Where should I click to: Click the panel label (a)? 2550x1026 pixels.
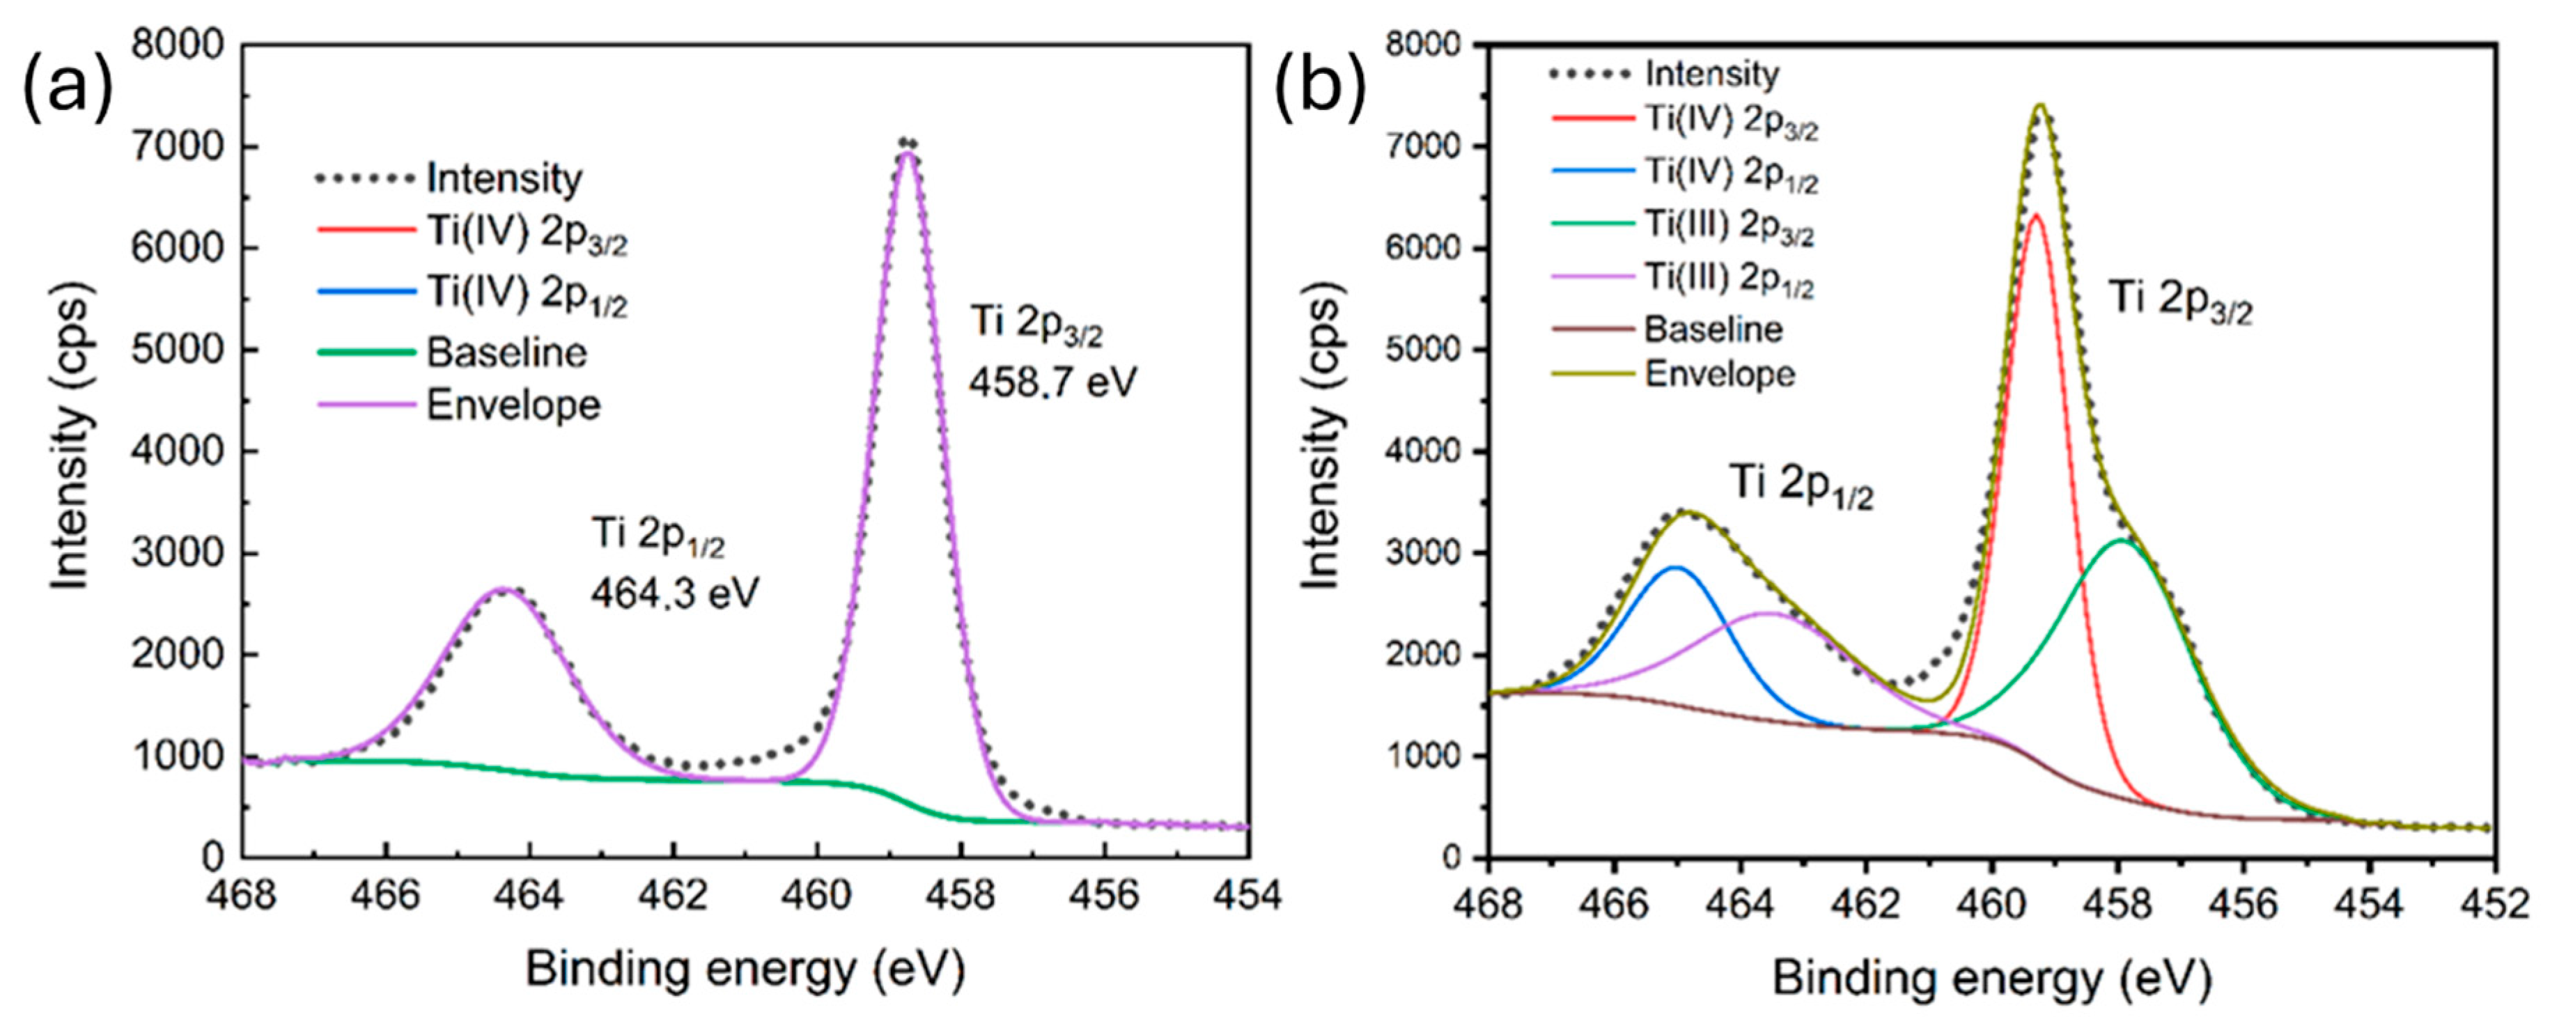68,87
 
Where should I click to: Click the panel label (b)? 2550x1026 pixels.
1319,87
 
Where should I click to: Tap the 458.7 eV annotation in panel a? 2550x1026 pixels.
1052,381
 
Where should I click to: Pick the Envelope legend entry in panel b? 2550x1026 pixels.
1720,374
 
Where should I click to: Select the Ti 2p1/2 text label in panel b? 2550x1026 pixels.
1801,485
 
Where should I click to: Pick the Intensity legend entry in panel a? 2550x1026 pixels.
504,179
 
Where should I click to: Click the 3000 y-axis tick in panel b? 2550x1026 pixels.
1433,552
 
